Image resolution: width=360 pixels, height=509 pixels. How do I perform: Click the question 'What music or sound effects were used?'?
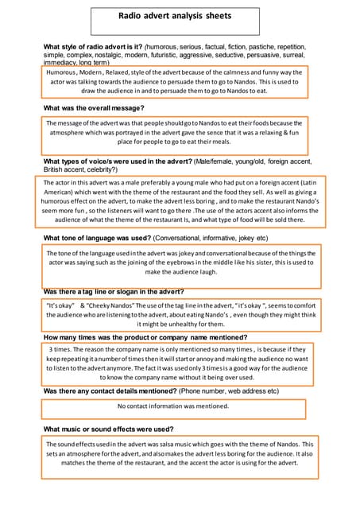(108, 429)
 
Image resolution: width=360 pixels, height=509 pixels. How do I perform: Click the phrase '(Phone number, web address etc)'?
(230, 391)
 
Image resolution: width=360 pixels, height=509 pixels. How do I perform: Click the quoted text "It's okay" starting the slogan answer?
(60, 305)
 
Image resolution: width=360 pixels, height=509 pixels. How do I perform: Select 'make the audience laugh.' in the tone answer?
(180, 272)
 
